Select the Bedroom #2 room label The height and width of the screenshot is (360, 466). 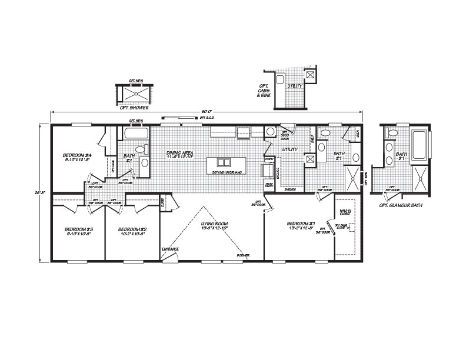(132, 231)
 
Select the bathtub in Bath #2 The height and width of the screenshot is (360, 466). (136, 133)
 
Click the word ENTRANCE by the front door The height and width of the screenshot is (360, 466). (170, 249)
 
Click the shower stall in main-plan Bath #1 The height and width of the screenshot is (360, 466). (352, 177)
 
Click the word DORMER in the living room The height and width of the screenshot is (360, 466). (242, 255)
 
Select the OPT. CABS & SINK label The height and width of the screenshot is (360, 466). (264, 91)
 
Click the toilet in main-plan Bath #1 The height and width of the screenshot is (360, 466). (326, 134)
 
